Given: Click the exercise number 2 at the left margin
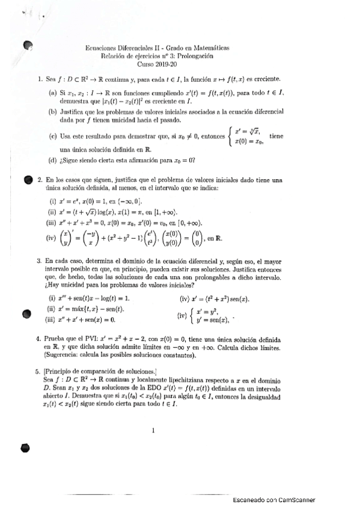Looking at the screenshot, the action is [39, 179].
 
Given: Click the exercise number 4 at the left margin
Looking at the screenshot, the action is [39, 339].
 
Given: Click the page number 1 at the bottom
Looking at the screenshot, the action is [154, 429].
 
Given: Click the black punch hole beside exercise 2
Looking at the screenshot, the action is [26, 179].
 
